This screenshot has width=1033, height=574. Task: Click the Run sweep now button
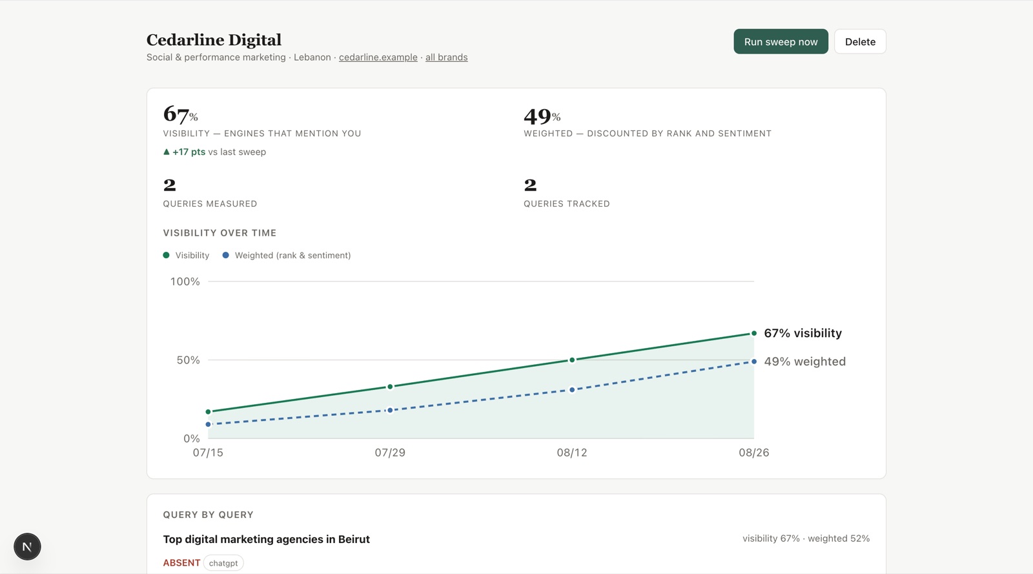(x=781, y=41)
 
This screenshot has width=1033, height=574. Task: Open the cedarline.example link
(x=378, y=57)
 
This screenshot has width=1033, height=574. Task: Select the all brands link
(x=446, y=57)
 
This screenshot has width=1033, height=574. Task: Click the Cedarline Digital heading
(x=214, y=40)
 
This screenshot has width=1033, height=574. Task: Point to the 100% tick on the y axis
(x=185, y=282)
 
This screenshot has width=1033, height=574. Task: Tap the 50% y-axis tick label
(x=188, y=360)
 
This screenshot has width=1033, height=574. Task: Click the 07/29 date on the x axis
(x=390, y=452)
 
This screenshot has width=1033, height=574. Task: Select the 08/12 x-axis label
(x=572, y=452)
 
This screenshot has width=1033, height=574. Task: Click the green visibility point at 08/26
(x=754, y=333)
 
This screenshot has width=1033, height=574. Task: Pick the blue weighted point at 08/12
(x=572, y=389)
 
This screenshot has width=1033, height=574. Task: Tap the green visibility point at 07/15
(x=208, y=412)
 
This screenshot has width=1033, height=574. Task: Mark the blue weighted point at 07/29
(x=390, y=410)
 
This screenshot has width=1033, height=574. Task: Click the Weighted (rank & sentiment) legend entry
(x=287, y=256)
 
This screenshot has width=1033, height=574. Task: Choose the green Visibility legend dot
(x=166, y=255)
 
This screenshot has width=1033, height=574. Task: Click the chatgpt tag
(x=223, y=563)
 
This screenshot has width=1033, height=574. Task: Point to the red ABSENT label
(x=181, y=563)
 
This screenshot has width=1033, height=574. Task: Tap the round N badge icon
(x=27, y=547)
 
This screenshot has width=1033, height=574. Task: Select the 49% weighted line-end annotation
(x=804, y=362)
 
